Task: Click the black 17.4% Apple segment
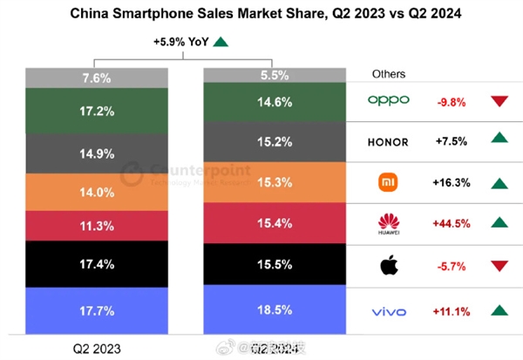(x=96, y=262)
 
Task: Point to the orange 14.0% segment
(x=96, y=192)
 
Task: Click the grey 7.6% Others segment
(x=96, y=78)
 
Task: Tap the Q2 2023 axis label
(x=96, y=349)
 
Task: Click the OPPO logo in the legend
(x=388, y=100)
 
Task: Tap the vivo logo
(x=388, y=310)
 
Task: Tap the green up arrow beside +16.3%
(x=499, y=184)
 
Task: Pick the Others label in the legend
(x=388, y=74)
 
